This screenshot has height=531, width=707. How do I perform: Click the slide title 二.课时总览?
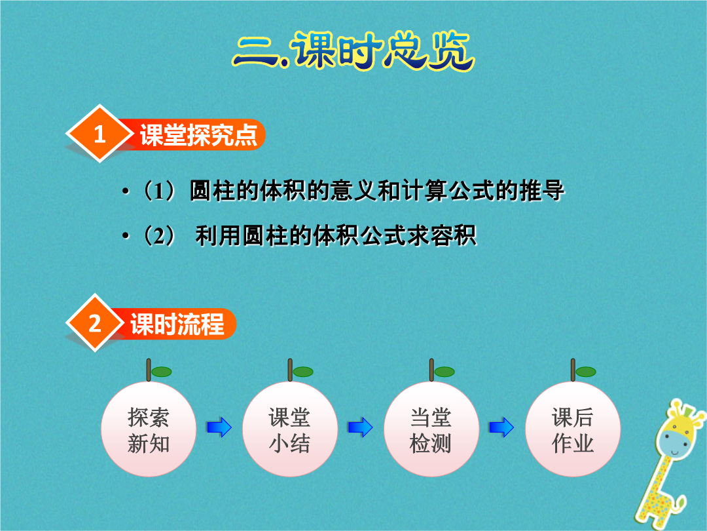pos(353,50)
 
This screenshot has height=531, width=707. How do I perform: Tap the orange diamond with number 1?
pos(100,134)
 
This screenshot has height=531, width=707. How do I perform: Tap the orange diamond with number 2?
pos(95,323)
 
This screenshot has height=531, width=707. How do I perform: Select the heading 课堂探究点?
pos(198,134)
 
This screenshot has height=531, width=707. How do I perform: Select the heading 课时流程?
pos(177,324)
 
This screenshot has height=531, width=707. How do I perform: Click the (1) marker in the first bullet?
pos(158,191)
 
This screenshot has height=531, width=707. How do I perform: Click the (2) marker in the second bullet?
pos(158,235)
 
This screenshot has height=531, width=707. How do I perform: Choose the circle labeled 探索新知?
pos(149,429)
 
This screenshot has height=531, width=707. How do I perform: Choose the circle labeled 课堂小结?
pos(290,429)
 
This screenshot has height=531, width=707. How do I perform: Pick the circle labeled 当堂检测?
pos(431,429)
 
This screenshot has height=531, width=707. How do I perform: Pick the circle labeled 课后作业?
pos(573,429)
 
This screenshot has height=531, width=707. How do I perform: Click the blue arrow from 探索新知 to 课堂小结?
pos(219,427)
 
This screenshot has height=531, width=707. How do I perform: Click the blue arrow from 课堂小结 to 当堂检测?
pos(361,427)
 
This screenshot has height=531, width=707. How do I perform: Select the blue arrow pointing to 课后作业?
pos(502,427)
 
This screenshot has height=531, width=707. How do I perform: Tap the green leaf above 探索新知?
pos(162,372)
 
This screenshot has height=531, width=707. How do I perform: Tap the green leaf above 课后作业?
pos(586,372)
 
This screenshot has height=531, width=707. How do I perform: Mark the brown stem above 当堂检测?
pos(431,370)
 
